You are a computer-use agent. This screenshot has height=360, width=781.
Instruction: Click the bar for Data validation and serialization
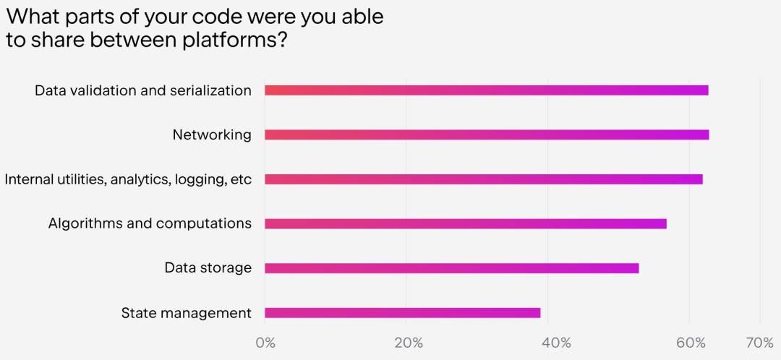[x=486, y=90]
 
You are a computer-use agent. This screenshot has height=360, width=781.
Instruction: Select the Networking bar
[x=486, y=134]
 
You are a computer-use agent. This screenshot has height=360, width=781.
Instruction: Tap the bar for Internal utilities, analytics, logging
[x=483, y=179]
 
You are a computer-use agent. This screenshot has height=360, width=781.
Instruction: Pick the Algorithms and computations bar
[x=465, y=224]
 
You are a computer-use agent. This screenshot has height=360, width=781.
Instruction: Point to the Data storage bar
[x=451, y=268]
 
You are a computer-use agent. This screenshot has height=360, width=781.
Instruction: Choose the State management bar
[x=402, y=313]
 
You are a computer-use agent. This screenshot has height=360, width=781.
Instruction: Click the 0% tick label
[x=265, y=343]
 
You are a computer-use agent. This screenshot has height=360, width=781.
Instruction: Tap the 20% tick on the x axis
[x=409, y=343]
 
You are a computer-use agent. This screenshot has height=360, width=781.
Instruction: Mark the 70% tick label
[x=759, y=343]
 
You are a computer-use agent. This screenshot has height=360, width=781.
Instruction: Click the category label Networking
[x=212, y=135]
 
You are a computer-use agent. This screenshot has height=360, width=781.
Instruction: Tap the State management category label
[x=187, y=313]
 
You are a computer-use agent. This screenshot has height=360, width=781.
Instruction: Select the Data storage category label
[x=208, y=268]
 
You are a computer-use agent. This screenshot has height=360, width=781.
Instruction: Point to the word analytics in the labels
[x=138, y=180]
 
